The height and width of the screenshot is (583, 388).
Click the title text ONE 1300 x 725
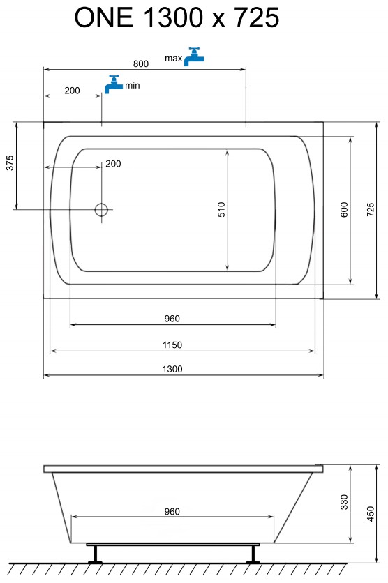pos(177,17)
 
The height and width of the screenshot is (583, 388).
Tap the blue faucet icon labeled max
pos(194,57)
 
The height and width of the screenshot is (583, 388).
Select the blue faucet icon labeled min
pos(114,84)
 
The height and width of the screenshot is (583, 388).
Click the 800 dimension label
pos(141,63)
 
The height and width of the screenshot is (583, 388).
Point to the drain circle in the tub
pos(101,210)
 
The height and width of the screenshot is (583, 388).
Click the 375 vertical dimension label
pos(10,163)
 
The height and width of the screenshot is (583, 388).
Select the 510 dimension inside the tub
pos(221,209)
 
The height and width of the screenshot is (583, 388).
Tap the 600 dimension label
pos(344,209)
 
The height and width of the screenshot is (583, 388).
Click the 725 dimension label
pos(370,209)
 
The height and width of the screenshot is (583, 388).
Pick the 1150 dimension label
pos(172,344)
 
